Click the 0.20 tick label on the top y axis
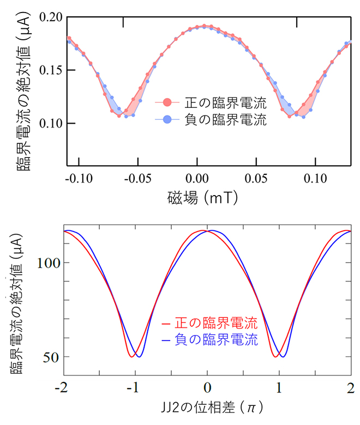coord(48,17)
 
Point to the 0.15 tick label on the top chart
coord(48,70)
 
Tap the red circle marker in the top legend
coord(167,102)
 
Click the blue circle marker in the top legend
coord(167,120)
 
